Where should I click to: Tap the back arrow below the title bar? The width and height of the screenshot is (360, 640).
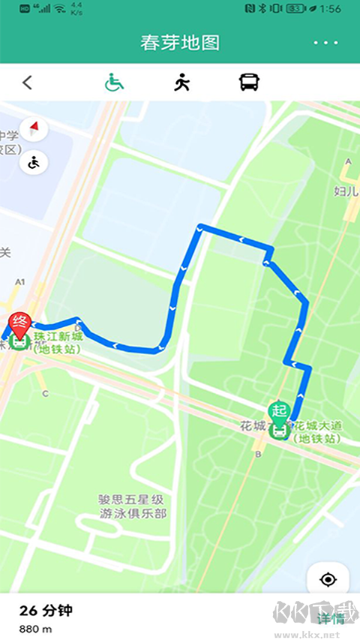[28, 83]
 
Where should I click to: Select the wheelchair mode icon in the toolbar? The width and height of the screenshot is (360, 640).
[114, 83]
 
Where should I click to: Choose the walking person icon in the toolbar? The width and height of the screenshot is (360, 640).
[181, 83]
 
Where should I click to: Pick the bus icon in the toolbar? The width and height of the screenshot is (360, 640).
[249, 83]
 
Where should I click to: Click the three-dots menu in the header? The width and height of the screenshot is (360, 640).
[325, 43]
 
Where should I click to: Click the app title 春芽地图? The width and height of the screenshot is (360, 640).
[180, 43]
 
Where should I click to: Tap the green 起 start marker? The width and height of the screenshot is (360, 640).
[279, 411]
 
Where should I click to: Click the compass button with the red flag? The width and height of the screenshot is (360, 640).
[34, 130]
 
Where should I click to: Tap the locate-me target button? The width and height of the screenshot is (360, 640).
[328, 579]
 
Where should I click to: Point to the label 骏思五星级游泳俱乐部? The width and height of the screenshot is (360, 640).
[133, 506]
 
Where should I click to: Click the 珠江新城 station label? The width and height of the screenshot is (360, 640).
[58, 341]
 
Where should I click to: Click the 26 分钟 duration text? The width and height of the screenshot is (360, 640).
[46, 611]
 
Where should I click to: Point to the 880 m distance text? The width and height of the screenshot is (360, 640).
[36, 629]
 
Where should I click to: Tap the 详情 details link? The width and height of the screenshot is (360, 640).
[330, 618]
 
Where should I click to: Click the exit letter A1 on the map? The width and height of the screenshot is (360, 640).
[20, 282]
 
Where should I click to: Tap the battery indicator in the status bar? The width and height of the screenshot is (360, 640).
[295, 9]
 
